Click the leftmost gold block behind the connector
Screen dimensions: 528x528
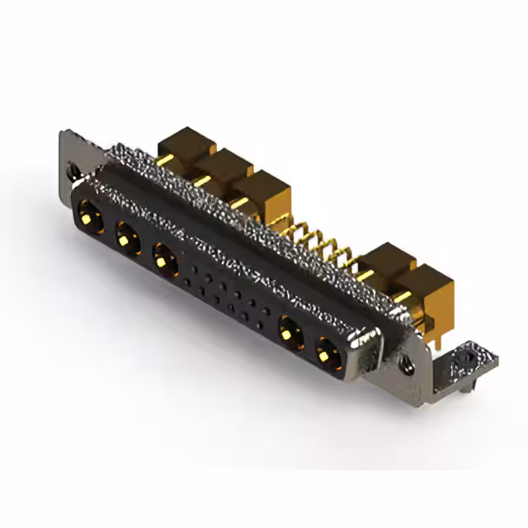186,146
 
